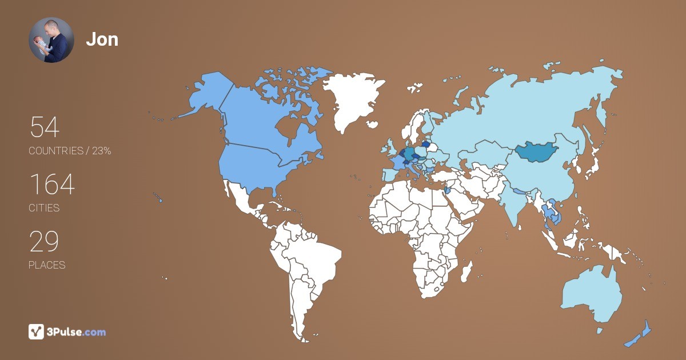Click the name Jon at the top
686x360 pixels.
[102, 39]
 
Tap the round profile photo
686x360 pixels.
[51, 40]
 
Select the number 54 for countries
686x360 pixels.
[45, 127]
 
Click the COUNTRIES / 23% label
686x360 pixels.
[70, 151]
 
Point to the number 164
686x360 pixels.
[51, 185]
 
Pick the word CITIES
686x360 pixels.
[44, 208]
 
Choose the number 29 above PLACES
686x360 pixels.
[44, 242]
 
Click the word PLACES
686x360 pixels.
[47, 265]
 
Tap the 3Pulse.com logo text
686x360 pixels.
[77, 331]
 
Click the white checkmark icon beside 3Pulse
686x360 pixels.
[36, 331]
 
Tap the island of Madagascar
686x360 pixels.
[466, 271]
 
